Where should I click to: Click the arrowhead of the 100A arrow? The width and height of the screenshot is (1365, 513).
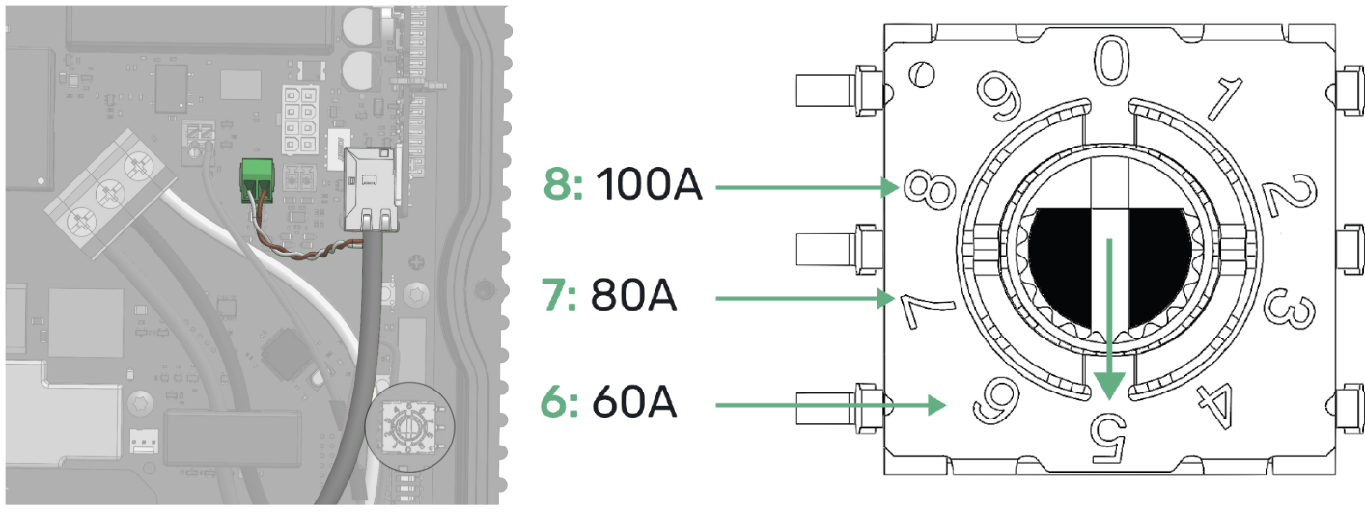(x=892, y=188)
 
